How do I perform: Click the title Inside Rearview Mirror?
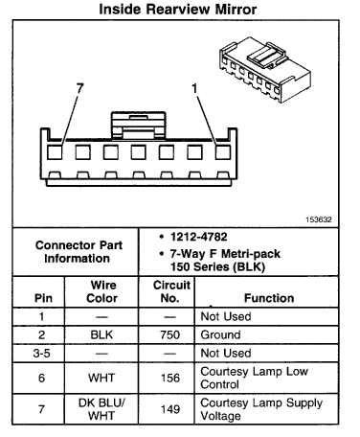[x=179, y=10]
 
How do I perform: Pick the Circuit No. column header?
[x=169, y=291]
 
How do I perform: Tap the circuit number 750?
[x=169, y=336]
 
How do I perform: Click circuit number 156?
[x=169, y=379]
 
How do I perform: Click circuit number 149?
[x=169, y=410]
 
